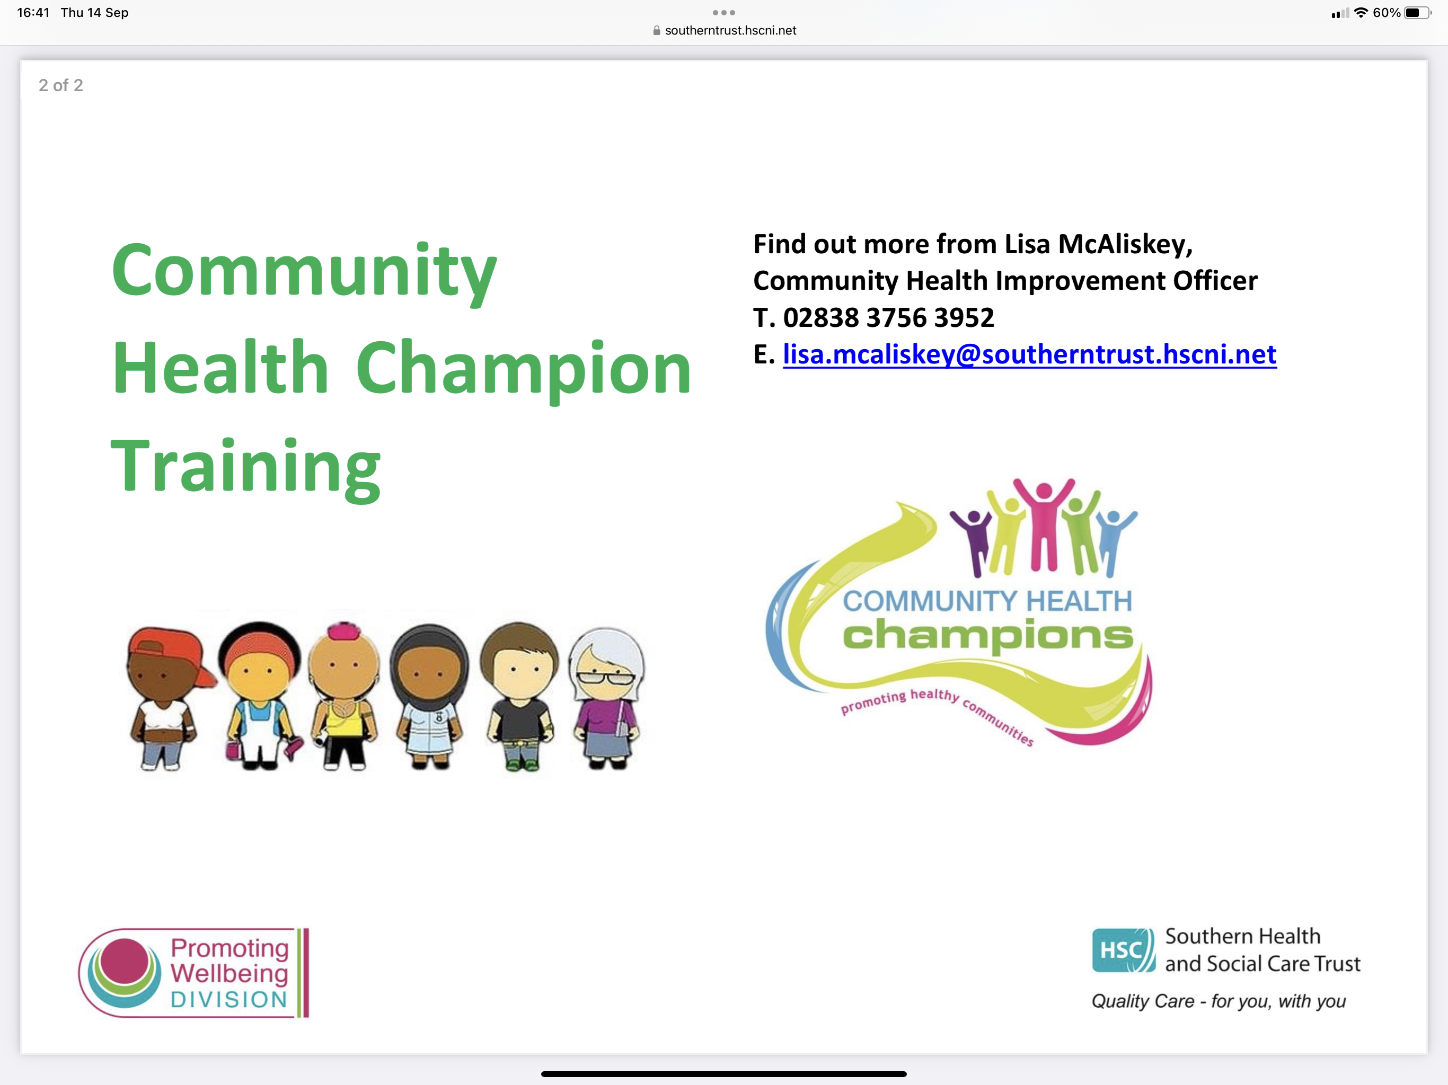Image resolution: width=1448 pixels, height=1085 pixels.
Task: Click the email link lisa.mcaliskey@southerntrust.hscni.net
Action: click(x=1030, y=354)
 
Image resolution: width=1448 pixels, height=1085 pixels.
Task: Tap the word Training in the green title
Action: click(x=245, y=467)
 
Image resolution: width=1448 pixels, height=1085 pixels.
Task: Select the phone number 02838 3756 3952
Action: click(x=888, y=317)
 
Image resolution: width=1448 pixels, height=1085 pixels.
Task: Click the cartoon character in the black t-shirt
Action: click(x=519, y=696)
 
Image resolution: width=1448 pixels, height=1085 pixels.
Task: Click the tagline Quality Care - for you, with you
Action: click(x=1218, y=1001)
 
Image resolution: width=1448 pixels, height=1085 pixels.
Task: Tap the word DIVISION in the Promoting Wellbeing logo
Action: click(x=229, y=999)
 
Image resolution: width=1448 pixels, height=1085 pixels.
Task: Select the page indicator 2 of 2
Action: click(x=61, y=85)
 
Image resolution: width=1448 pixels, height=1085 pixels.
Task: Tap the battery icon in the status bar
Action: click(x=1418, y=12)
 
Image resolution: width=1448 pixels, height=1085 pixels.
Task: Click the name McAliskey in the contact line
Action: click(x=1125, y=244)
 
